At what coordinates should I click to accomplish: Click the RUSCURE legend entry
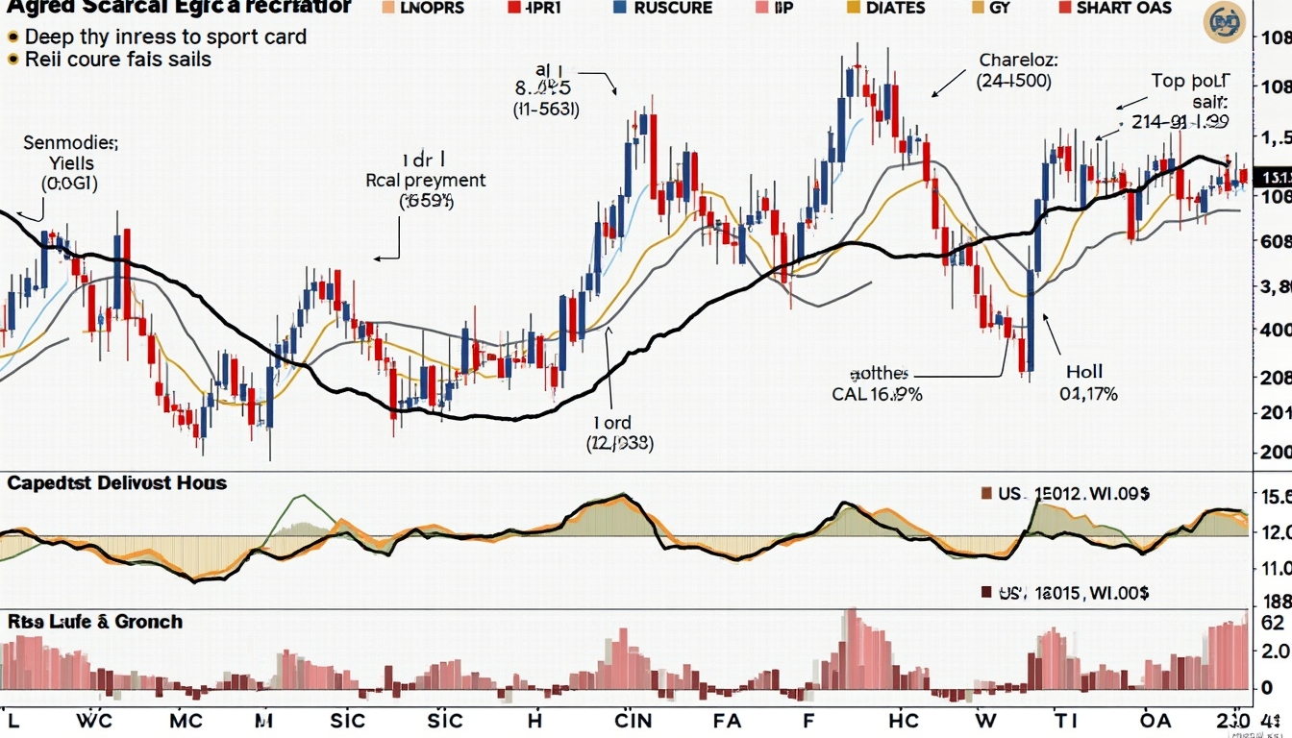(x=661, y=8)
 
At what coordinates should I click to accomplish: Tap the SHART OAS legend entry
(x=1115, y=8)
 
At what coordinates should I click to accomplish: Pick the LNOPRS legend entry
(x=424, y=8)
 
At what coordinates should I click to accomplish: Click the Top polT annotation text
(x=1189, y=81)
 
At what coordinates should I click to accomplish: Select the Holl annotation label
(x=1084, y=371)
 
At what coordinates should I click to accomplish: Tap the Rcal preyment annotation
(x=426, y=180)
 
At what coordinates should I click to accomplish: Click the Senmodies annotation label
(x=70, y=143)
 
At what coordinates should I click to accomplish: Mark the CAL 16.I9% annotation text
(x=877, y=394)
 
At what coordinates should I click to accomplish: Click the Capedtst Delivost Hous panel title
(x=117, y=483)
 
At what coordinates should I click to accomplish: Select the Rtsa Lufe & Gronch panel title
(x=94, y=622)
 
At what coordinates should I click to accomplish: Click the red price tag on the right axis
(x=1275, y=178)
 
